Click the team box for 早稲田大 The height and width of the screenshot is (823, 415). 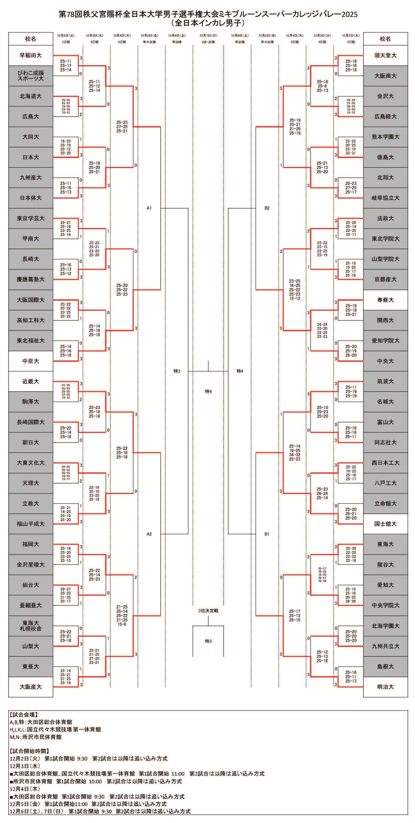pos(31,55)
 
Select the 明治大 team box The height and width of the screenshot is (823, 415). pos(385,687)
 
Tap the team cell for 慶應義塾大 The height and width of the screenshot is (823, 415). pos(31,279)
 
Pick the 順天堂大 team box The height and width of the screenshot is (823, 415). pos(385,55)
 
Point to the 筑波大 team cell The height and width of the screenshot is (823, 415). pos(385,381)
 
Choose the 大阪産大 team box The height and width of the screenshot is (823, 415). pos(31,687)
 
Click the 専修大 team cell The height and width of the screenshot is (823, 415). pos(385,300)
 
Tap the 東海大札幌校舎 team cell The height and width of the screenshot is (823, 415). pos(31,626)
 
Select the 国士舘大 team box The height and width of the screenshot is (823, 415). pos(385,524)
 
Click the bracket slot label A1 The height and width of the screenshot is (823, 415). pos(149,208)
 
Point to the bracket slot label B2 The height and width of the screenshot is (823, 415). pos(267,208)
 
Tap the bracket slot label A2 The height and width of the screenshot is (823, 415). pos(149,534)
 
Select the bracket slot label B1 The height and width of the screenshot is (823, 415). pos(267,534)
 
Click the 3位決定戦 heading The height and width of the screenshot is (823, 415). pos(208,610)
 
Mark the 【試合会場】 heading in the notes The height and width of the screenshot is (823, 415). pos(24,714)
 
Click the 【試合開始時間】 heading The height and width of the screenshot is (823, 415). pos(29,751)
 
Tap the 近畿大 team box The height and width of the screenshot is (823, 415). pos(31,381)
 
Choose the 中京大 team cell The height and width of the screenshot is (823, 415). pos(31,361)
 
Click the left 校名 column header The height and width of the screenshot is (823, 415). pos(31,39)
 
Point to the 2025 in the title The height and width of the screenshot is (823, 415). pos(349,14)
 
